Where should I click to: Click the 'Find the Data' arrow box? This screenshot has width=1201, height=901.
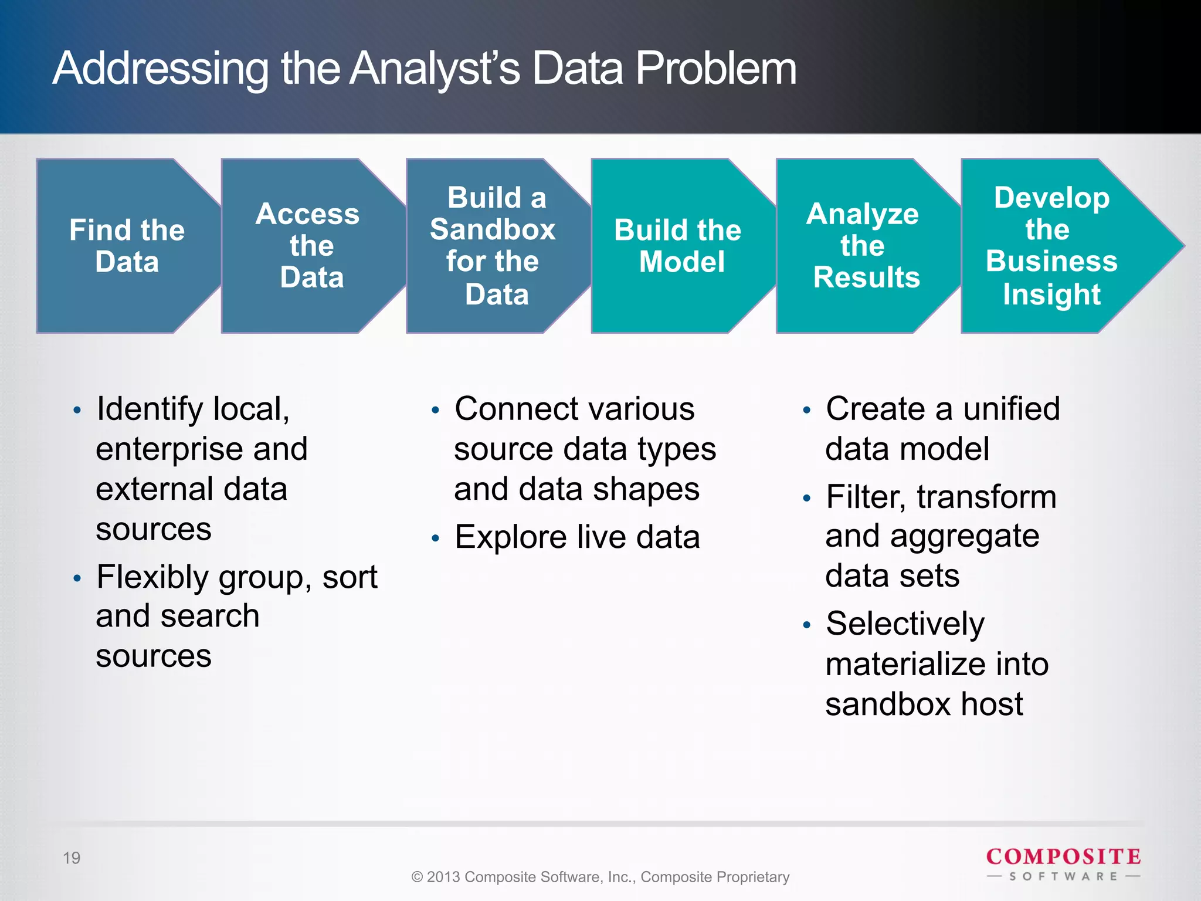pyautogui.click(x=127, y=246)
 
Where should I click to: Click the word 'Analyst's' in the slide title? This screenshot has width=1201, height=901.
pyautogui.click(x=435, y=69)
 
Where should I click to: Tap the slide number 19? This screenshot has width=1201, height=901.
pyautogui.click(x=72, y=858)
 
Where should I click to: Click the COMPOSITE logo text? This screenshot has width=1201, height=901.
pyautogui.click(x=1063, y=857)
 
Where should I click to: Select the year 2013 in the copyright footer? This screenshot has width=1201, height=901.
pyautogui.click(x=444, y=877)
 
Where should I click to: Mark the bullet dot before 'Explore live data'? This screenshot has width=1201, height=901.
pyautogui.click(x=435, y=538)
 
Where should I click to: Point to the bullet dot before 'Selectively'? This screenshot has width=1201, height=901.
pyautogui.click(x=807, y=625)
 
